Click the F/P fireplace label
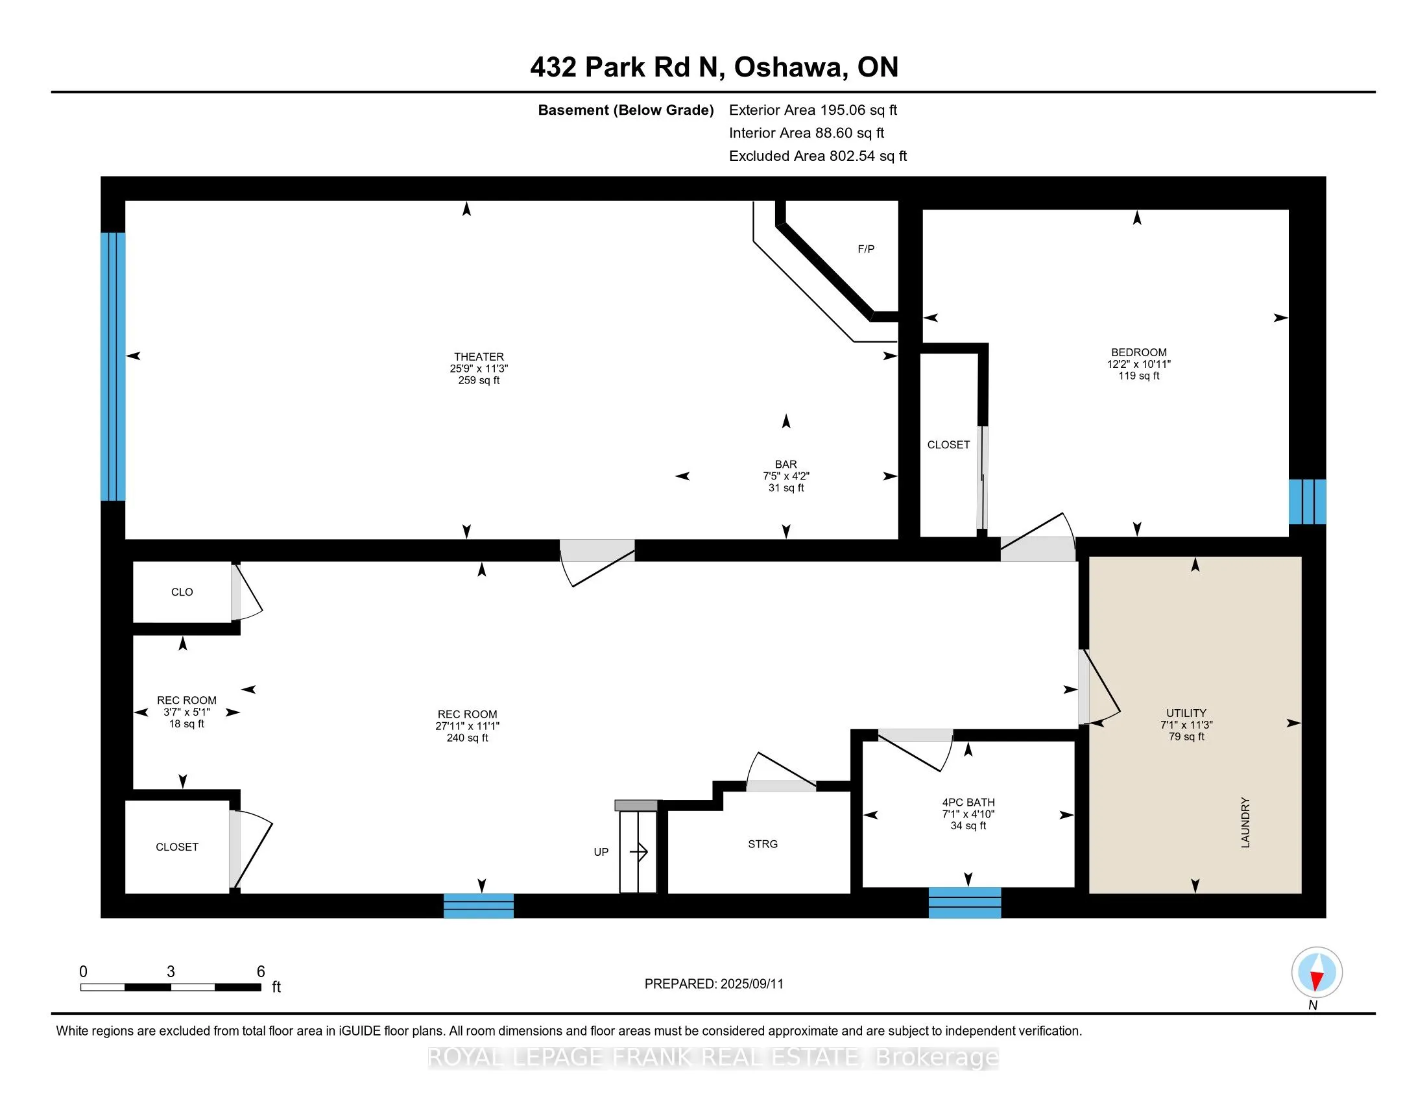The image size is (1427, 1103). tap(866, 249)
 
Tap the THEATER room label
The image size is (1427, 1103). tap(479, 357)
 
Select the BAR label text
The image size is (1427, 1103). tap(786, 465)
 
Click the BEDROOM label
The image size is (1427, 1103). tap(1139, 352)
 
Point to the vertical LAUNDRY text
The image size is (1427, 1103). tap(1245, 823)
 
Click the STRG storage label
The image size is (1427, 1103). tap(763, 844)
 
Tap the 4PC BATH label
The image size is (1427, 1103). tap(968, 803)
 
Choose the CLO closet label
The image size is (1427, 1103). tap(182, 592)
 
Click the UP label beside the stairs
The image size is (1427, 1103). tap(601, 852)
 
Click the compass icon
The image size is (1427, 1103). tap(1317, 973)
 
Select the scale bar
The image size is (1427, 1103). tap(171, 987)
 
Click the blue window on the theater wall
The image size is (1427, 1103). tap(113, 367)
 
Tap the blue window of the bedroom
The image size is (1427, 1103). tap(1307, 502)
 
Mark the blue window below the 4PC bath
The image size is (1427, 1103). tap(965, 903)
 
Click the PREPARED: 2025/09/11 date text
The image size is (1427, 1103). tap(713, 984)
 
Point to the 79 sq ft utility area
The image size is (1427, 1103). tap(1186, 736)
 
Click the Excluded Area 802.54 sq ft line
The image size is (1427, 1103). tap(818, 156)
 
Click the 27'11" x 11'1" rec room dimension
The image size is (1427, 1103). tap(467, 726)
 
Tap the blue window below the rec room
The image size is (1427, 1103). tap(478, 906)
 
